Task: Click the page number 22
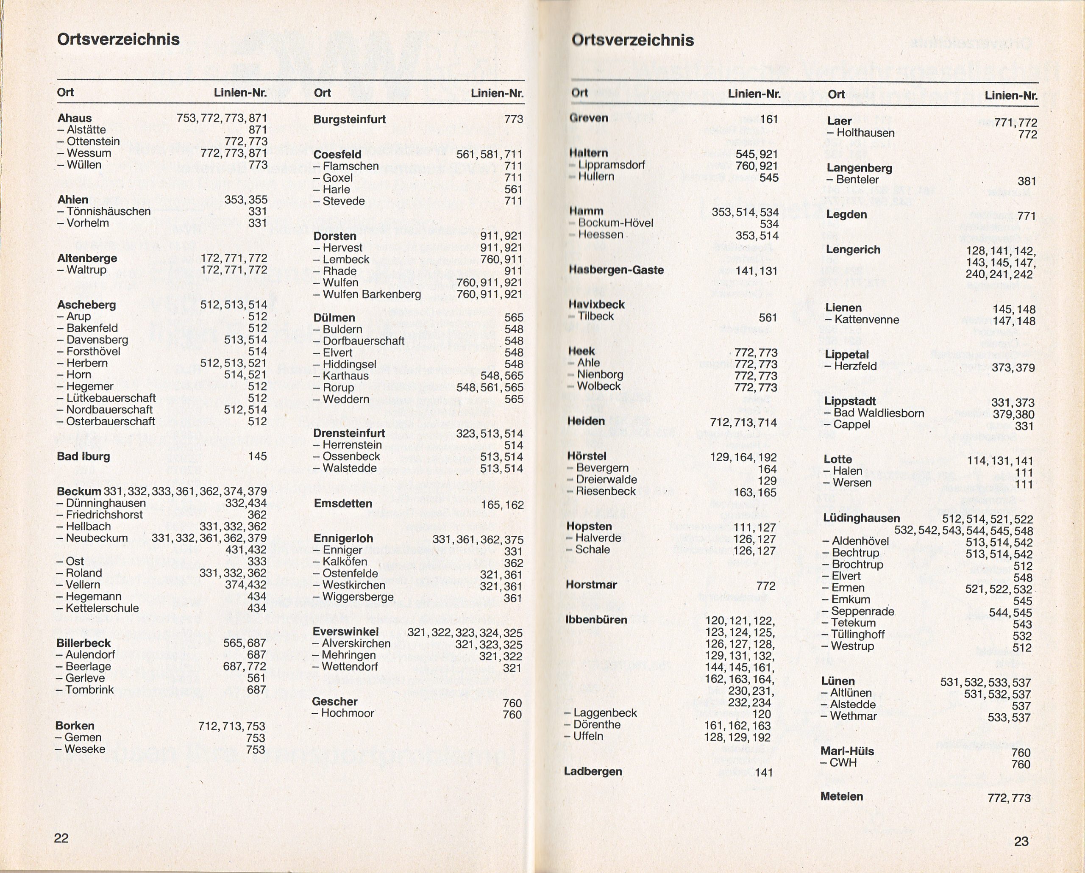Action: [x=61, y=838]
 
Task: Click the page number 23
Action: [x=1021, y=841]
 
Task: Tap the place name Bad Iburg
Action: [x=83, y=457]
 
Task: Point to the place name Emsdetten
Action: [x=343, y=503]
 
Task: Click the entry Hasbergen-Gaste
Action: [x=617, y=270]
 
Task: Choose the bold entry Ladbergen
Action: [x=593, y=771]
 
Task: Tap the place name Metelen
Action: [x=841, y=796]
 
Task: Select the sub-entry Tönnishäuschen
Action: [x=108, y=211]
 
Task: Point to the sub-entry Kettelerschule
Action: [x=102, y=608]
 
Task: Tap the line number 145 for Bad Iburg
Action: [x=257, y=457]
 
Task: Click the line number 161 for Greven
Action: [x=769, y=119]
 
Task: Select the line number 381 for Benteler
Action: [x=1027, y=181]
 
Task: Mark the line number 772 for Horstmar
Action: [x=765, y=586]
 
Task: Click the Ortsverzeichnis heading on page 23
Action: [x=633, y=40]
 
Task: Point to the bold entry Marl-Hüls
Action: [x=847, y=751]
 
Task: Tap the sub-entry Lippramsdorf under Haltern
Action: [x=611, y=165]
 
